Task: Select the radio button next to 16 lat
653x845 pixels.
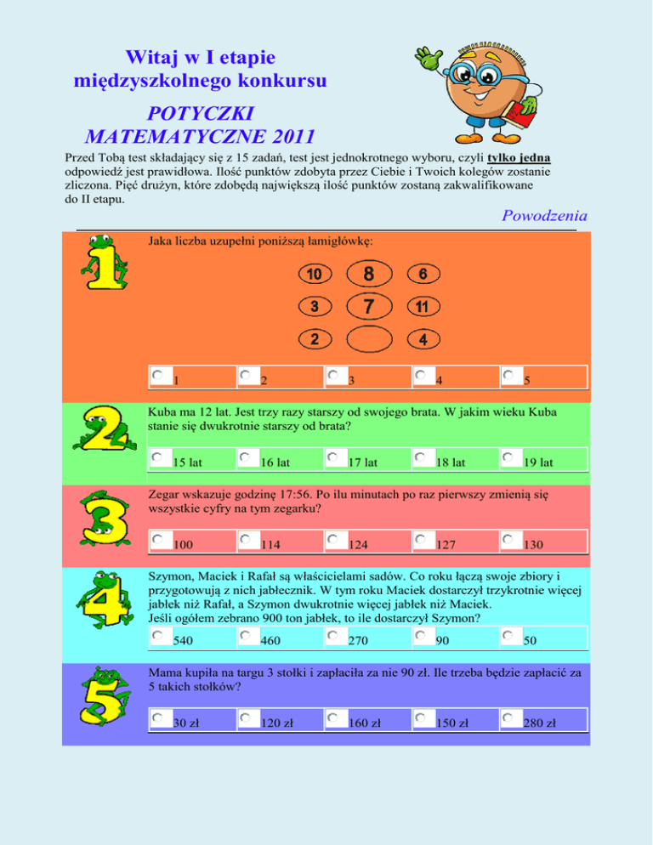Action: click(x=246, y=457)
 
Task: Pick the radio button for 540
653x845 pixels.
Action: click(x=158, y=635)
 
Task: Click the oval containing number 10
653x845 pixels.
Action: click(x=315, y=275)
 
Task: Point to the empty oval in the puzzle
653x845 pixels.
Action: click(x=368, y=338)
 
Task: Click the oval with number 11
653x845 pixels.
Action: click(x=423, y=306)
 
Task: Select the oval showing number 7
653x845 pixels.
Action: click(x=368, y=305)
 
